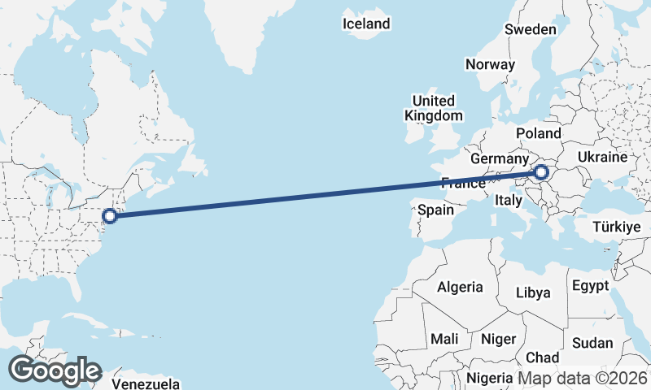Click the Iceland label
366,24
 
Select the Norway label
490,64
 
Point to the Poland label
539,133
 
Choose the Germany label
500,158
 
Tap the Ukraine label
602,157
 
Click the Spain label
435,210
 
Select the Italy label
509,200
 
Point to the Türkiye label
617,227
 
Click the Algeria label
460,287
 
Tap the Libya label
534,292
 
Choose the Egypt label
590,286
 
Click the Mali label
444,338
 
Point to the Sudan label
592,343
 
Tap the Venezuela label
145,383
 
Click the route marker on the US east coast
110,216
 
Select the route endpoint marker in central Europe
541,172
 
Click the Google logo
55,370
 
